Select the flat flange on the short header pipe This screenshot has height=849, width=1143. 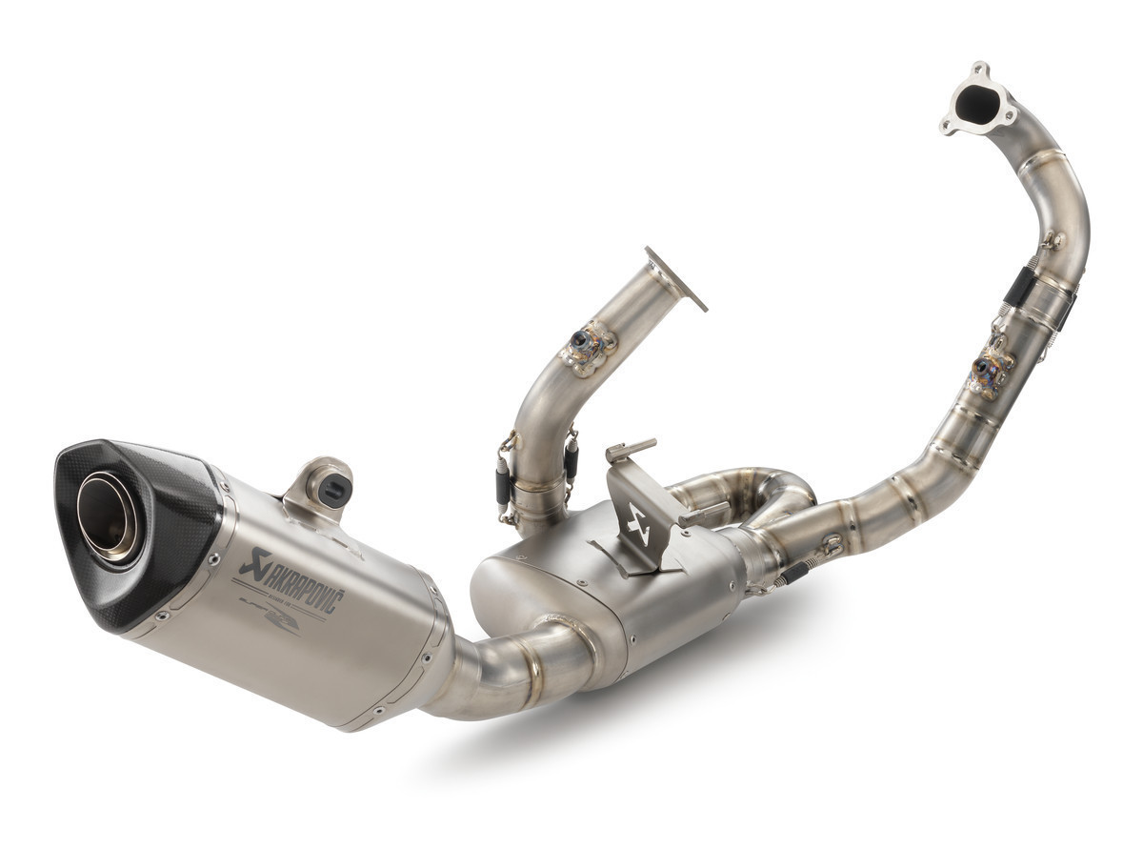(675, 278)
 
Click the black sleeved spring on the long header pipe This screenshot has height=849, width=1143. (1019, 285)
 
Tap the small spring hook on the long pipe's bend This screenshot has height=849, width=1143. (1053, 240)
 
